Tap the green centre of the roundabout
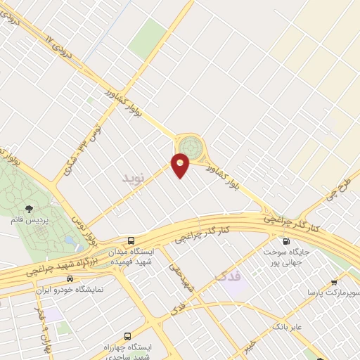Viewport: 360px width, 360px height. [x=188, y=146]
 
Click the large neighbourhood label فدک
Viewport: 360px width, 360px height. [x=229, y=277]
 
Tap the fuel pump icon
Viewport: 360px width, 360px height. [x=285, y=241]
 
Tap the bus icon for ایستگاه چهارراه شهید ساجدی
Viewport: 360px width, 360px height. [x=127, y=336]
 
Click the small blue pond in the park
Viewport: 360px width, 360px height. [x=70, y=240]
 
